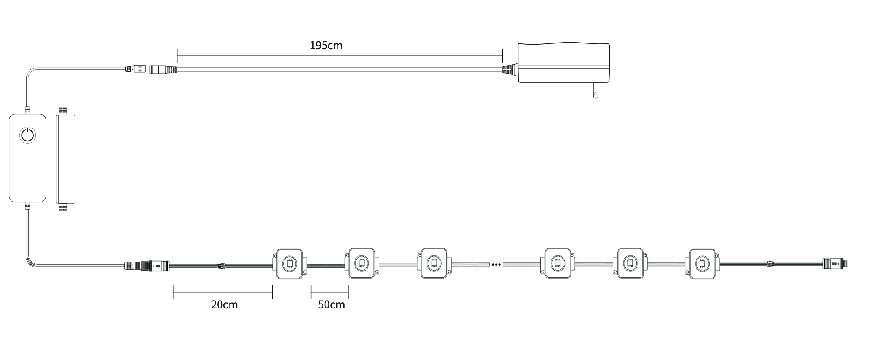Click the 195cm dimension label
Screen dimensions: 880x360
(x=326, y=45)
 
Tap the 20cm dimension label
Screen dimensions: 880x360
(x=224, y=305)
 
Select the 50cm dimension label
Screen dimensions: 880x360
(x=331, y=305)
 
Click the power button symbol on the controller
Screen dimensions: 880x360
(x=28, y=135)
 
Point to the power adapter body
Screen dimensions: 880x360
(x=564, y=63)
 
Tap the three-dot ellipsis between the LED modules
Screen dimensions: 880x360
(x=496, y=265)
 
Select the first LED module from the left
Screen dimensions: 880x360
(x=290, y=263)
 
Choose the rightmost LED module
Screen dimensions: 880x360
(x=702, y=263)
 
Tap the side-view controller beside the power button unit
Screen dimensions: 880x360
(x=66, y=159)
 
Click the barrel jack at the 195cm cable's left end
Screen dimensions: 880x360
(x=164, y=69)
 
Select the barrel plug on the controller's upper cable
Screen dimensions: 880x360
(x=135, y=69)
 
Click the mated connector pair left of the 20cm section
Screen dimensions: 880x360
(x=147, y=266)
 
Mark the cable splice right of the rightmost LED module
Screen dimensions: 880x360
(x=770, y=264)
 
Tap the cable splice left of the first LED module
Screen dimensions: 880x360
(x=222, y=266)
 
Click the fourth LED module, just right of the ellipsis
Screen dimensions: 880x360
(x=558, y=263)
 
